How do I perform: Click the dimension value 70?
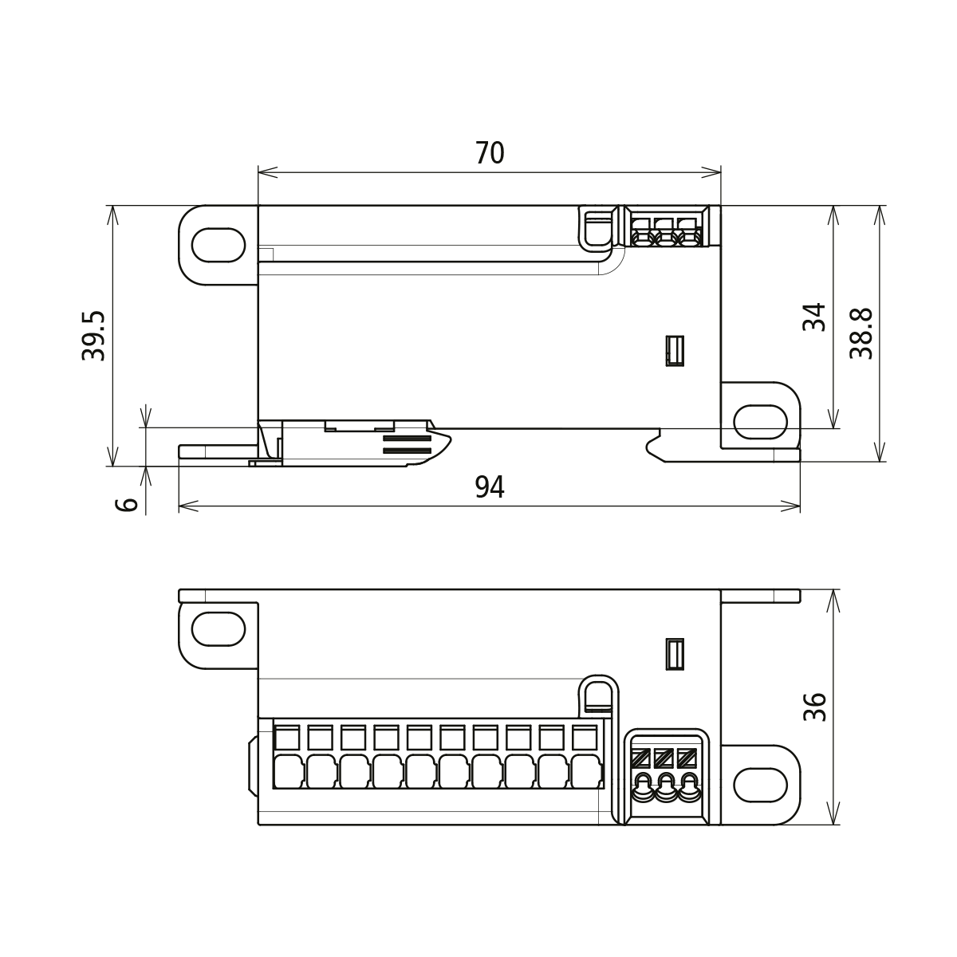click(x=490, y=152)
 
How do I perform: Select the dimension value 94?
click(x=490, y=486)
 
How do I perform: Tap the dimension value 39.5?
click(x=94, y=336)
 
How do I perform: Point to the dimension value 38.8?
click(x=861, y=334)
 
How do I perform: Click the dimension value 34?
click(x=814, y=317)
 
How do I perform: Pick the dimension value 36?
click(x=814, y=707)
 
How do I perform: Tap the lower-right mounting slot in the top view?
click(x=760, y=422)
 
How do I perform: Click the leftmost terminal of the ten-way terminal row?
click(x=288, y=758)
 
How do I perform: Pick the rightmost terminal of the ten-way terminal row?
click(x=585, y=758)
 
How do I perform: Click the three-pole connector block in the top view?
click(x=664, y=227)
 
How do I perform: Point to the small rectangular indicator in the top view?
click(x=675, y=351)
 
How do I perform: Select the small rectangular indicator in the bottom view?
click(x=675, y=655)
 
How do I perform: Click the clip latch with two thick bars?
click(x=407, y=445)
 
